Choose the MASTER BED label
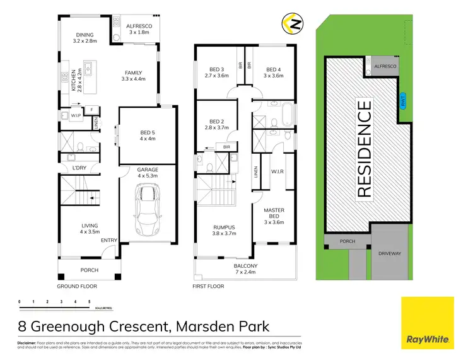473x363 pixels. coord(274,214)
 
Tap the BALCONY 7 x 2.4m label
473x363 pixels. coord(246,270)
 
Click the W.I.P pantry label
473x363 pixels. coord(75,115)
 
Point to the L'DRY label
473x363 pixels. coord(78,168)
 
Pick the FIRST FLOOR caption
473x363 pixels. coord(209,285)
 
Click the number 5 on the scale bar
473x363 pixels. coord(90,302)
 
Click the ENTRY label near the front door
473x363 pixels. coord(110,239)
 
